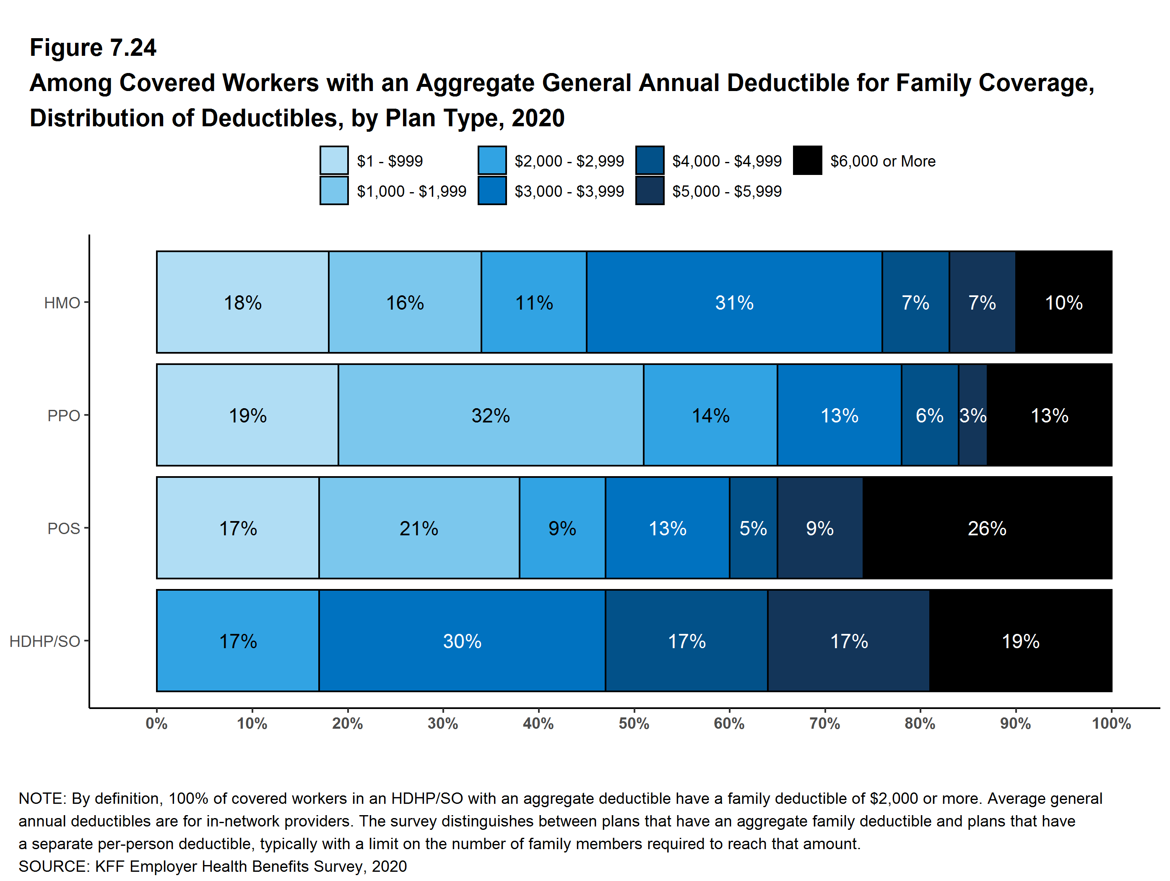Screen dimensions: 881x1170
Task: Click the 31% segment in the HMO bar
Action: pos(734,302)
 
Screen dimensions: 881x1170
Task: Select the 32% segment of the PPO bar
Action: pos(490,415)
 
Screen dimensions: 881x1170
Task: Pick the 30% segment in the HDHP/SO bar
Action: pos(462,641)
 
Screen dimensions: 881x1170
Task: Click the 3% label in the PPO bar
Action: pos(973,415)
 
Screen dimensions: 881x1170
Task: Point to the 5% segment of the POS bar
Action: pos(753,528)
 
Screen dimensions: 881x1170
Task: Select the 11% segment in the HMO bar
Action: pos(534,302)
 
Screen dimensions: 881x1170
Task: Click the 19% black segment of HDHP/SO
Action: pos(1020,641)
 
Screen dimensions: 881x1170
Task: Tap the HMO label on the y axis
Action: pos(62,302)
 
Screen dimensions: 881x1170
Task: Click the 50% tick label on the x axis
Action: pos(634,723)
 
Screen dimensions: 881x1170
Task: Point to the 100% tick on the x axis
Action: pos(1111,723)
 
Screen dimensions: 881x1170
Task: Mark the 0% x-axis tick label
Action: pos(156,723)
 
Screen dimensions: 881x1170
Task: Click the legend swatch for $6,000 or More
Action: pos(807,160)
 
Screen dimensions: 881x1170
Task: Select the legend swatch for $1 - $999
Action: pos(334,160)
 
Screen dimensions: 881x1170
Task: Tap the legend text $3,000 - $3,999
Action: pos(569,191)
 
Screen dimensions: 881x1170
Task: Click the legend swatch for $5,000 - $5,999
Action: pos(650,191)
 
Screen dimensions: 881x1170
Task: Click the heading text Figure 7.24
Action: pos(93,48)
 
